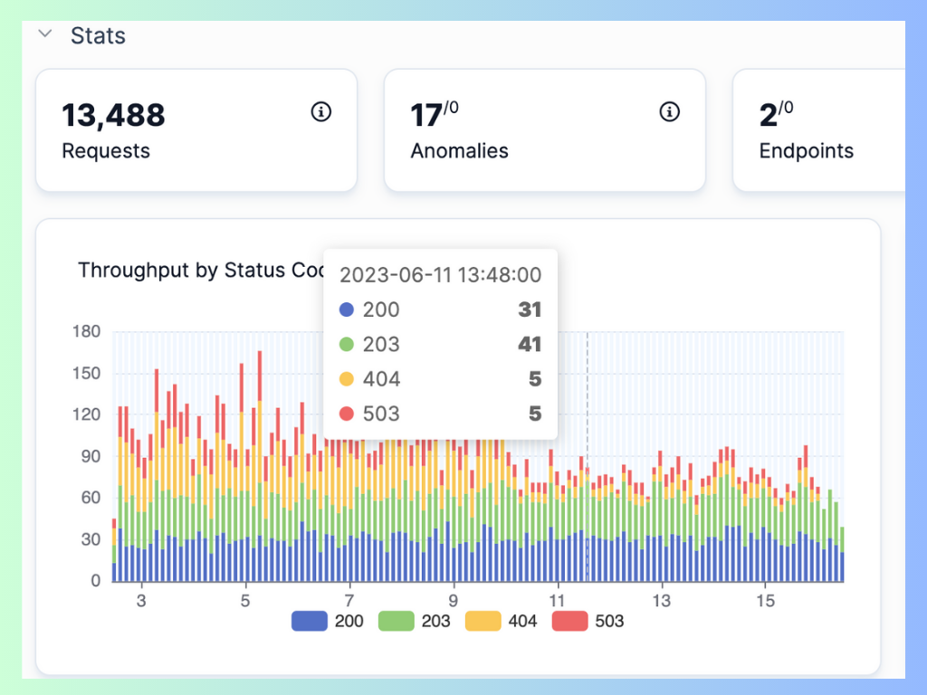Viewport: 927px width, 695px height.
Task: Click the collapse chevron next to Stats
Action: click(44, 34)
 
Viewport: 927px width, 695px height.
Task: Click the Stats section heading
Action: click(98, 36)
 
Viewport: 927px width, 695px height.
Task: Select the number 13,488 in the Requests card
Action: click(113, 115)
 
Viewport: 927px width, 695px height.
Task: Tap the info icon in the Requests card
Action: click(320, 112)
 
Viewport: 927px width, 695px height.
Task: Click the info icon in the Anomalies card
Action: click(669, 112)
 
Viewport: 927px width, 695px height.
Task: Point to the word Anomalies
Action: click(459, 151)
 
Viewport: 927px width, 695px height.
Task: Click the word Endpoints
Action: click(806, 151)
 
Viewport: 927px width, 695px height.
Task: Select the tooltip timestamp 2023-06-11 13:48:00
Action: click(440, 275)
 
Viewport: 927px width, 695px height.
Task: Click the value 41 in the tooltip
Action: click(530, 344)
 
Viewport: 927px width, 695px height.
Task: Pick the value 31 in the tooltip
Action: click(530, 309)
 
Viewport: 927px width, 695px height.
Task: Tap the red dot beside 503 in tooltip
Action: click(346, 414)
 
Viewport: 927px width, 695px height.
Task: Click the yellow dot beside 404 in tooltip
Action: click(346, 379)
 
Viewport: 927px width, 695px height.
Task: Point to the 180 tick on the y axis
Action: click(86, 331)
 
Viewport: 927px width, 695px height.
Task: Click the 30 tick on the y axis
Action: click(90, 539)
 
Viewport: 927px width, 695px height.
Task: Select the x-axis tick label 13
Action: click(663, 601)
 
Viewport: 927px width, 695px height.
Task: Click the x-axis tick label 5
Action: click(245, 601)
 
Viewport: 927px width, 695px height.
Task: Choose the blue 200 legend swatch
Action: click(309, 621)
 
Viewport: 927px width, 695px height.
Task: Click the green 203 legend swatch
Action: click(396, 621)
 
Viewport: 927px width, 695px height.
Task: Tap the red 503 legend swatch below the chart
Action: click(569, 621)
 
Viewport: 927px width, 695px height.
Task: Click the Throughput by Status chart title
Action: click(199, 271)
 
